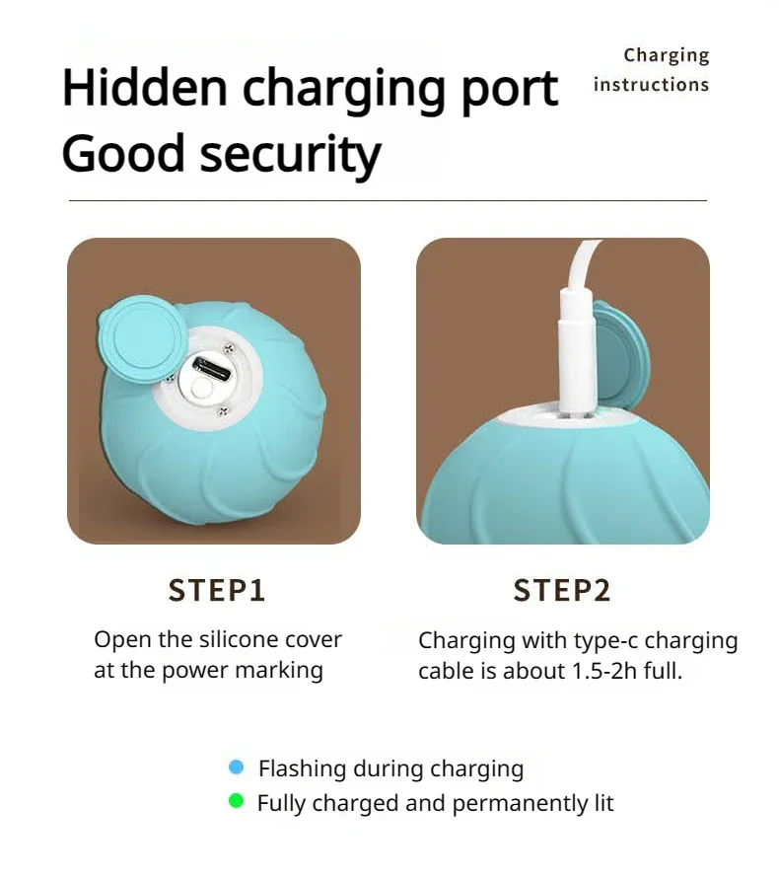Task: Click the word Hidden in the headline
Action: (x=145, y=87)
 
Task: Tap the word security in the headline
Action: (x=290, y=154)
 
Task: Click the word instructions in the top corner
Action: (x=651, y=85)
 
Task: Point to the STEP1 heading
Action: (x=216, y=591)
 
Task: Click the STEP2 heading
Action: (x=562, y=591)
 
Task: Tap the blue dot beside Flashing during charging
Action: (x=237, y=767)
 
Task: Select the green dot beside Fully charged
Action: (x=237, y=801)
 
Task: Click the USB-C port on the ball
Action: (x=212, y=369)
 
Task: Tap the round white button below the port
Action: (x=200, y=389)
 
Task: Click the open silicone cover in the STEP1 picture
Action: (x=143, y=339)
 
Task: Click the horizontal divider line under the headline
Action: (x=388, y=200)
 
